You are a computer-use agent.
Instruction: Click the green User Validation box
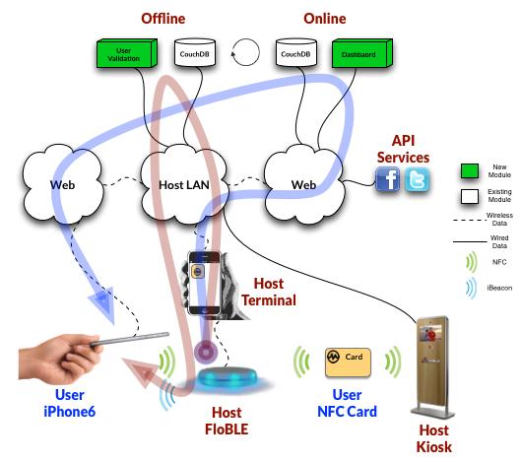pos(127,53)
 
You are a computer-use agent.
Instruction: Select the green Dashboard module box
pos(362,53)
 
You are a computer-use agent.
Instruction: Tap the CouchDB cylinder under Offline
pos(195,52)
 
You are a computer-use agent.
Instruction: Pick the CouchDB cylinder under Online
pos(296,52)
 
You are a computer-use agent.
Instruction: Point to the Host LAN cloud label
pos(184,185)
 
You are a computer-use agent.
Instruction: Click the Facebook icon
pos(387,179)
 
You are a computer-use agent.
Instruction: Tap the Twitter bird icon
pos(417,179)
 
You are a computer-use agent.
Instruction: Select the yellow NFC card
pos(348,363)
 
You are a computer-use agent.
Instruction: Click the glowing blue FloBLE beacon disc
pos(228,378)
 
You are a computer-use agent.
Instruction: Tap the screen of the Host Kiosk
pos(430,333)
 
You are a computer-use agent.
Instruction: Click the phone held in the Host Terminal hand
pos(204,283)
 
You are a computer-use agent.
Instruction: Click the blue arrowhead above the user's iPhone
pos(103,303)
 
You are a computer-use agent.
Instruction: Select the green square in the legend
pos(470,170)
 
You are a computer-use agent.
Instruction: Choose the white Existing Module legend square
pos(470,196)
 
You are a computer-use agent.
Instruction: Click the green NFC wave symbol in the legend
pos(472,262)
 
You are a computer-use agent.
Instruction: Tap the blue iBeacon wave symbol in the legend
pos(472,288)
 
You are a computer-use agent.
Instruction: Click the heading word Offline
pos(163,19)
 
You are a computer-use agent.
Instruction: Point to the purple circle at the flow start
pos(206,352)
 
